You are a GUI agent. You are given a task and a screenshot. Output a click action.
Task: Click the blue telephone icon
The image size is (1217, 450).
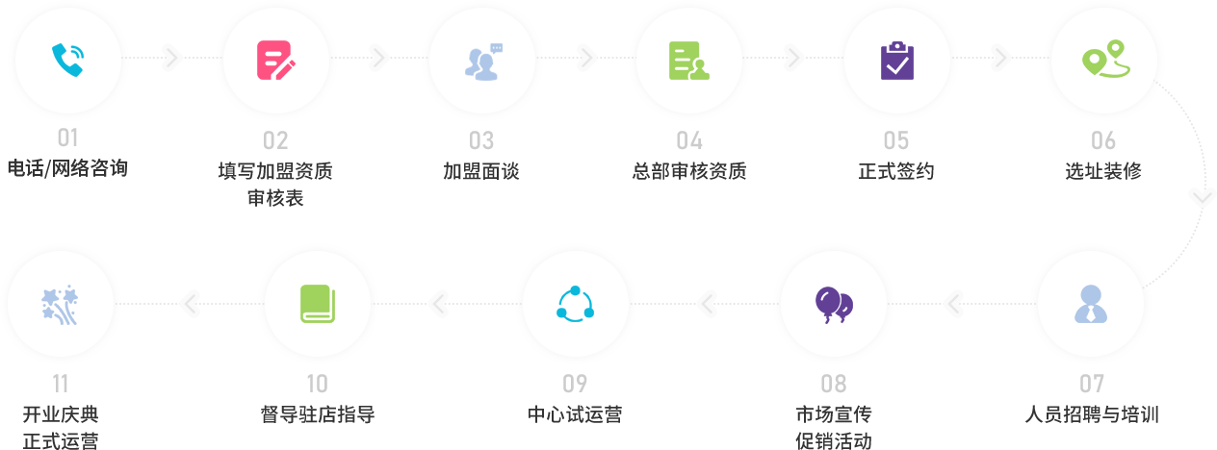[66, 60]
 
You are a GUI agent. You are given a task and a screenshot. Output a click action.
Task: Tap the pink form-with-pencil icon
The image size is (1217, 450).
[275, 60]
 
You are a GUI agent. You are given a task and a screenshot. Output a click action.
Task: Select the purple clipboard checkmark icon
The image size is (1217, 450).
[896, 61]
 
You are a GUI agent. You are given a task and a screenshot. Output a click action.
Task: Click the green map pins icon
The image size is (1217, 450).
[1103, 59]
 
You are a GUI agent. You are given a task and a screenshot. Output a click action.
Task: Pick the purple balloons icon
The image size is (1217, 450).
[834, 304]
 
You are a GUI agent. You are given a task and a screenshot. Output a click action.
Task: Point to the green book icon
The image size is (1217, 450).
[317, 303]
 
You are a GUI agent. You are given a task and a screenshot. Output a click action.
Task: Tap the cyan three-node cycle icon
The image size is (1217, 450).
[575, 304]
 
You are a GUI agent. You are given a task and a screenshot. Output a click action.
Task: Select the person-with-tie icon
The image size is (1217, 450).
[1091, 304]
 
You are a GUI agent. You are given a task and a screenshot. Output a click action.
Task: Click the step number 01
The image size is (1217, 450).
[67, 139]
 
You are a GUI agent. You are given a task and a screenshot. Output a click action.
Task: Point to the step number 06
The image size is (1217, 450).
[1103, 141]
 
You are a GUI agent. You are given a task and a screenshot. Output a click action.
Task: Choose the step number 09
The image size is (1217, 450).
[575, 385]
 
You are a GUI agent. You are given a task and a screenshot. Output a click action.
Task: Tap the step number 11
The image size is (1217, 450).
[60, 385]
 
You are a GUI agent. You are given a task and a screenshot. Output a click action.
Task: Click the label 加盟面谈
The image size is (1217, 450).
[481, 171]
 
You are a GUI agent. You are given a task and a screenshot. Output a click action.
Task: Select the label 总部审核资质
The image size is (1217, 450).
[689, 171]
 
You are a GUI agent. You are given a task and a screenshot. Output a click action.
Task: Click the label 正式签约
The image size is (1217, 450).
[896, 171]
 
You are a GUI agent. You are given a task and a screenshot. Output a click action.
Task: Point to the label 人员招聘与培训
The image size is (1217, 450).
[1091, 414]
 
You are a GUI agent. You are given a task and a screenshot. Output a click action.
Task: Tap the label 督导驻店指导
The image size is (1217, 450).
[317, 414]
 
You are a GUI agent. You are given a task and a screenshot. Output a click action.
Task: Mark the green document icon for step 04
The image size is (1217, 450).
[688, 60]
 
